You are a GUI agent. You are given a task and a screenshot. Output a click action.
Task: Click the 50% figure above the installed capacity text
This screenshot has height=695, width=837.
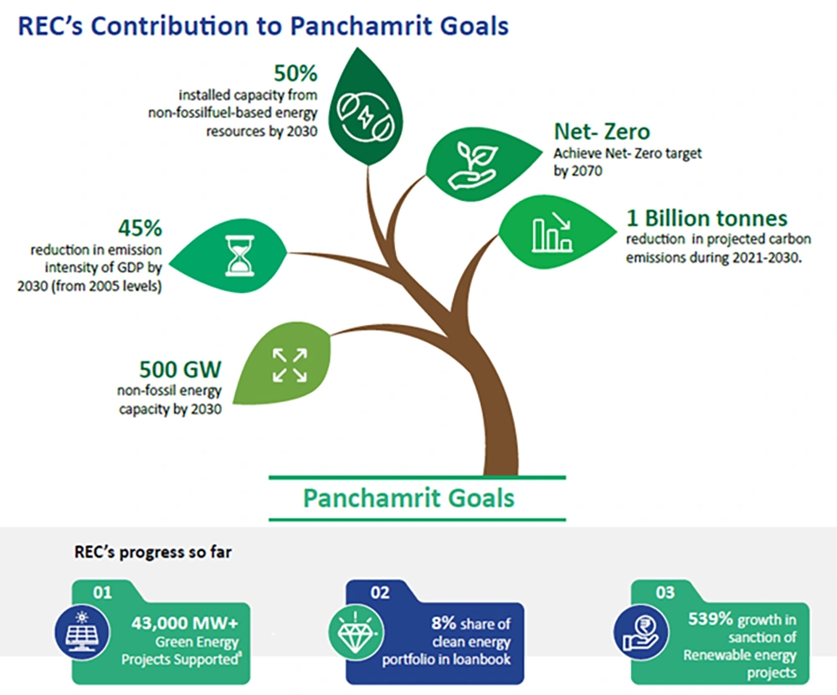point(295,73)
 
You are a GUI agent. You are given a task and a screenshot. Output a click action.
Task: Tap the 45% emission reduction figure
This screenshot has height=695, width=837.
point(140,228)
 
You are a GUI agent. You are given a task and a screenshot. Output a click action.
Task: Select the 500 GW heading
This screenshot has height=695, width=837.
point(181,369)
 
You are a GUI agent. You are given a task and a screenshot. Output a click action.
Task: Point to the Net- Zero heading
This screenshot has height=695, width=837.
point(602,131)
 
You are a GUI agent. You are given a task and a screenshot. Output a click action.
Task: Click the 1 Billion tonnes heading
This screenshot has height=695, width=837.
point(706,219)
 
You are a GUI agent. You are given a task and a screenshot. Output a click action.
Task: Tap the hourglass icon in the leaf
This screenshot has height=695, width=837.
point(239,256)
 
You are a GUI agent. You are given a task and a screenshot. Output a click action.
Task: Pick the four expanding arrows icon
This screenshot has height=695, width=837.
point(290,365)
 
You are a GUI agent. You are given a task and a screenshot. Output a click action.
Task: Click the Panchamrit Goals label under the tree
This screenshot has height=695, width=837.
point(409,498)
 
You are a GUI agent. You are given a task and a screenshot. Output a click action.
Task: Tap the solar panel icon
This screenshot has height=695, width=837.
point(82,632)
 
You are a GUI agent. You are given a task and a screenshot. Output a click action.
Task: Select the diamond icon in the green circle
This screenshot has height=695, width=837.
point(356,633)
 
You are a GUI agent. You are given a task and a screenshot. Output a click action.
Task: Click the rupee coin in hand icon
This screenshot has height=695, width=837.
point(641,633)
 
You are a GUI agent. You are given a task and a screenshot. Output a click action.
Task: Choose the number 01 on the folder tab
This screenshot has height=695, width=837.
point(102,593)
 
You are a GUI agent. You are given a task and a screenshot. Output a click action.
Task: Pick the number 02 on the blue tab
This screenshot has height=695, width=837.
point(380,593)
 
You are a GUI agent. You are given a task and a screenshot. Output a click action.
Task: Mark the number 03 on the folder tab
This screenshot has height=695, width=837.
point(665,593)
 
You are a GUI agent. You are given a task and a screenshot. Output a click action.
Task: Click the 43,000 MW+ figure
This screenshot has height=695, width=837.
point(185,623)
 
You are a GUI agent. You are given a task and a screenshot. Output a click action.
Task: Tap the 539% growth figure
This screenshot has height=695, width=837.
point(711,619)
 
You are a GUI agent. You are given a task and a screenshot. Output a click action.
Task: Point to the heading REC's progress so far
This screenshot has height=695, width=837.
point(152,552)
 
